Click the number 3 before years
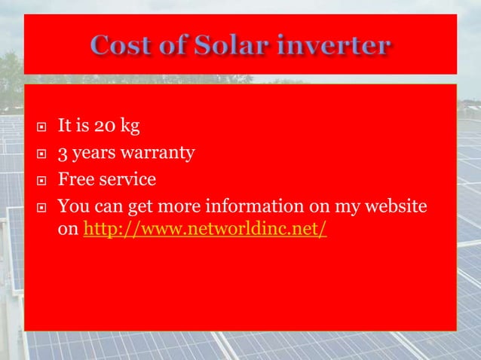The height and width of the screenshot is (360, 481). click(63, 155)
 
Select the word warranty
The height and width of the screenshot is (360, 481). click(158, 156)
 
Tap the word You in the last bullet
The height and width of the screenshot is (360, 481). click(72, 206)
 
